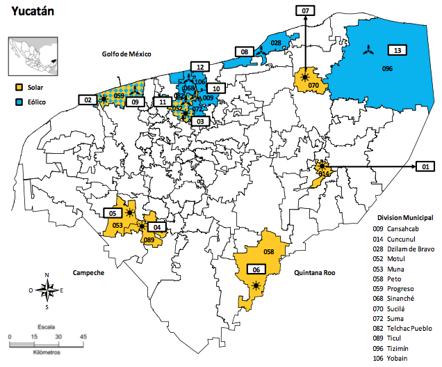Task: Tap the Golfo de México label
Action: (x=126, y=54)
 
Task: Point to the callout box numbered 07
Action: (x=306, y=10)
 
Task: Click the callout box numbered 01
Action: (x=425, y=166)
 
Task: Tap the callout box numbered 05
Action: (x=113, y=212)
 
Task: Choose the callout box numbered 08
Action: (x=245, y=52)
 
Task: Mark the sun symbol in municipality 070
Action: (x=305, y=77)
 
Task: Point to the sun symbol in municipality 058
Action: (x=258, y=286)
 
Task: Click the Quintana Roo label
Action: (x=316, y=273)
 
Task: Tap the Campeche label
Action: (x=86, y=272)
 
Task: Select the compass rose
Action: (x=47, y=290)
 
